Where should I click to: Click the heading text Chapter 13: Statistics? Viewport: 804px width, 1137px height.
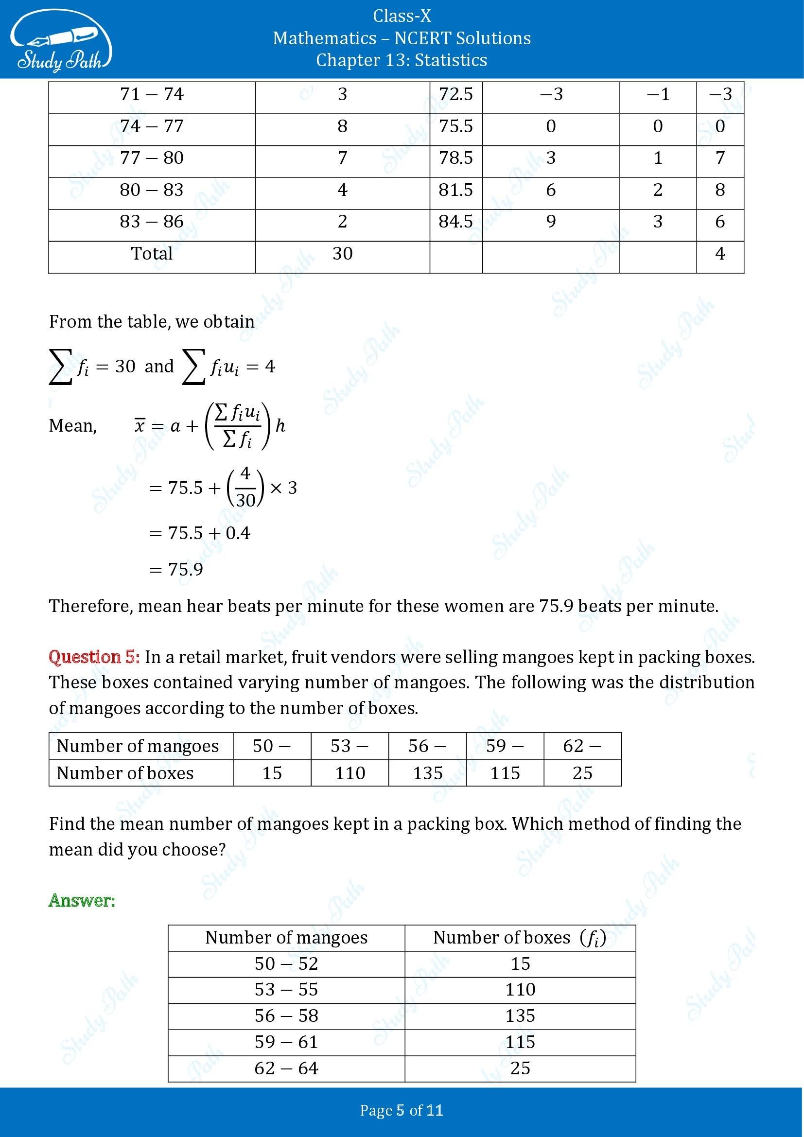[x=402, y=60]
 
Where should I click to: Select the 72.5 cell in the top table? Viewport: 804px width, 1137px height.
[x=455, y=94]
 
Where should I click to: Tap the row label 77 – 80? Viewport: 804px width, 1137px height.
[x=152, y=158]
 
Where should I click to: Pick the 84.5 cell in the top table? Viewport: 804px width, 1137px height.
[x=455, y=221]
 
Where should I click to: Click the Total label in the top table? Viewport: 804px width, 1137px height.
[x=152, y=254]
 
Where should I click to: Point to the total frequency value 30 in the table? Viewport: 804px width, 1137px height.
[x=342, y=254]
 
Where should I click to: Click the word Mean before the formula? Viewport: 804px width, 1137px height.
[x=72, y=426]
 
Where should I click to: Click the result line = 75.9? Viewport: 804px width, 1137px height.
[x=176, y=570]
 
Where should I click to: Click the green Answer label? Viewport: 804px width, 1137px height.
[x=82, y=900]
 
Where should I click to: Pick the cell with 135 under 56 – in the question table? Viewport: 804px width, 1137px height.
[x=427, y=773]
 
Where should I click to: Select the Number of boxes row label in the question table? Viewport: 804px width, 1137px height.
[x=125, y=773]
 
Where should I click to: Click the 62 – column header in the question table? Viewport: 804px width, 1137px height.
[x=582, y=746]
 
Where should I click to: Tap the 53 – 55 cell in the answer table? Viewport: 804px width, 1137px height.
[x=286, y=989]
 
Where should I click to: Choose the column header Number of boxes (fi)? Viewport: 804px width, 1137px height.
[x=519, y=937]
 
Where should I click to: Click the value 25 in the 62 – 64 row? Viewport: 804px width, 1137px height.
[x=520, y=1068]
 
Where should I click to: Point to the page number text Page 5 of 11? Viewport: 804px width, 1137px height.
[x=402, y=1111]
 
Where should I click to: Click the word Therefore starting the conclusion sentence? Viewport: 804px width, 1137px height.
[x=90, y=606]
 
